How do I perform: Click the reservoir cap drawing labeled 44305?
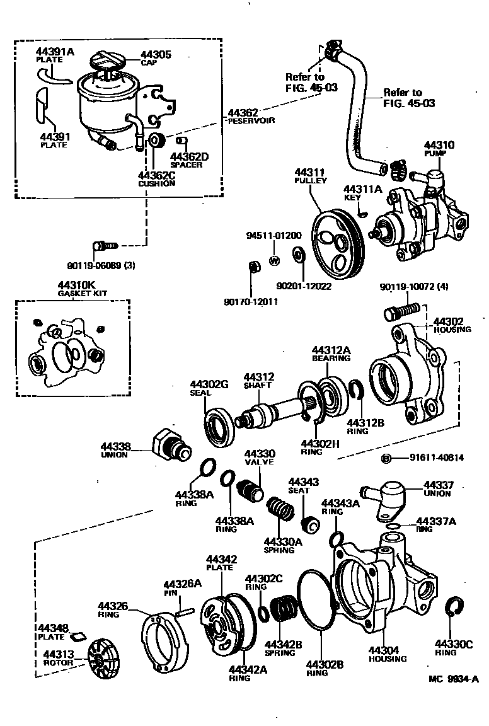click(x=104, y=63)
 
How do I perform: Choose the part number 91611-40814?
click(x=436, y=458)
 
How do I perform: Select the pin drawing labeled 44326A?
click(x=184, y=609)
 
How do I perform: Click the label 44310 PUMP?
click(x=439, y=149)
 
